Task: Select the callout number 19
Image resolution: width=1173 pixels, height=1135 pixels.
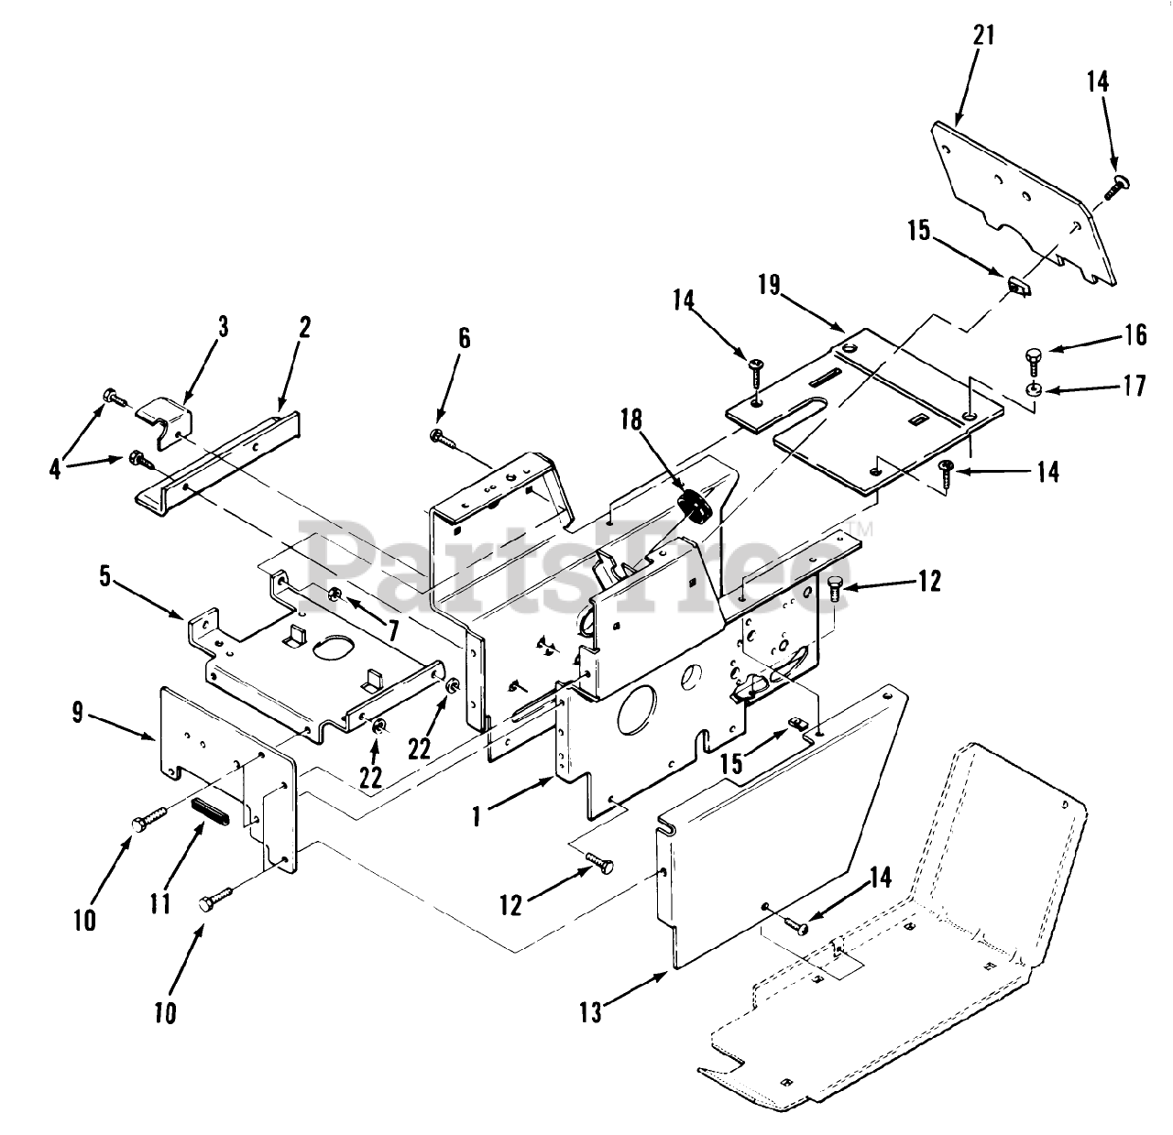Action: (x=769, y=284)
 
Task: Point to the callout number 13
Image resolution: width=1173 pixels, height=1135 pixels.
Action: (x=591, y=1012)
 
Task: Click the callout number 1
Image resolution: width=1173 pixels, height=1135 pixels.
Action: (x=477, y=815)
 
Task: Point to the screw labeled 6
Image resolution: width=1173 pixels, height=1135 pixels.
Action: (x=443, y=438)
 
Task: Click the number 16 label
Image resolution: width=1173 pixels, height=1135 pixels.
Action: (x=1135, y=335)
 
